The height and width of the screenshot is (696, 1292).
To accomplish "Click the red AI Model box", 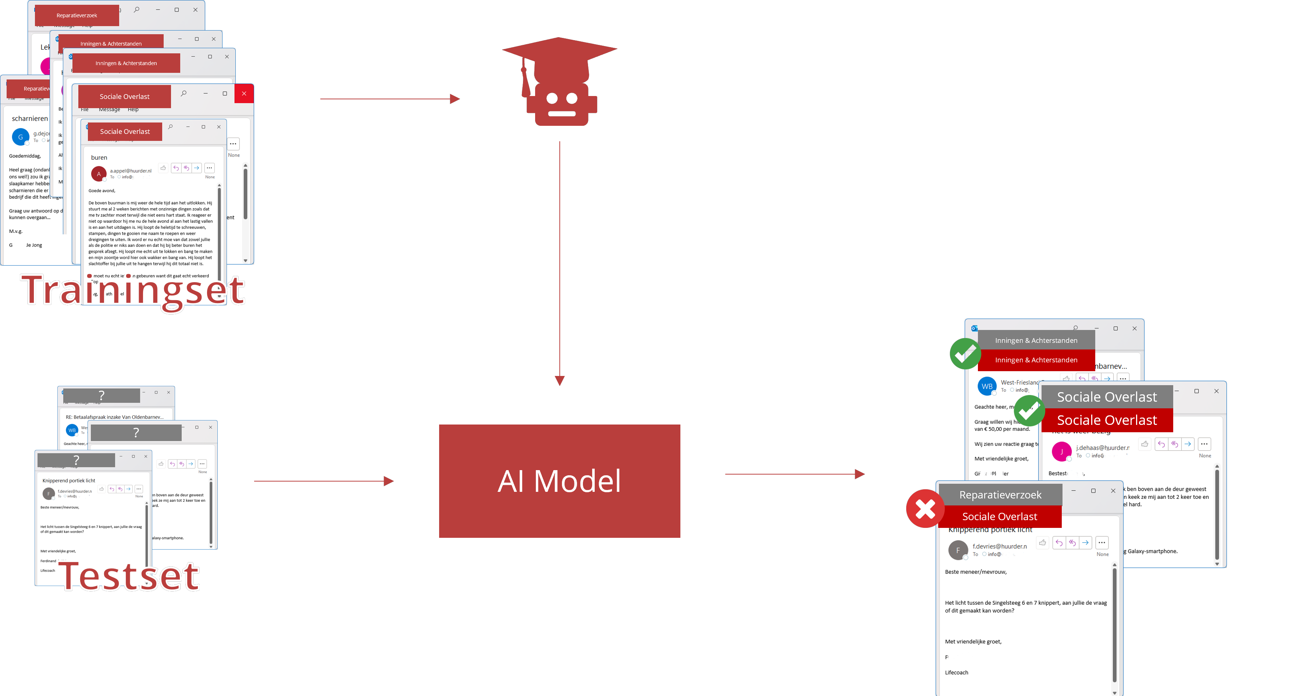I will [559, 481].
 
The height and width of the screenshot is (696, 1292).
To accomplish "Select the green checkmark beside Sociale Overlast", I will [1029, 411].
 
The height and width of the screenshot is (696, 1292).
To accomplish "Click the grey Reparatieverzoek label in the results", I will [1000, 495].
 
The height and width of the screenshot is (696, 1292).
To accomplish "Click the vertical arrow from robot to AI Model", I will [560, 261].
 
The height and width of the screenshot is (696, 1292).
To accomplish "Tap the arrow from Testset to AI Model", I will [324, 481].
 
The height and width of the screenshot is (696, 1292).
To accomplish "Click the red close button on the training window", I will [244, 93].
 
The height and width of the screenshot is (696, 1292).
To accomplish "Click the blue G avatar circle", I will [21, 136].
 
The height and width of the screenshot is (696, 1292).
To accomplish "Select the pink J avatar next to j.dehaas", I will [1061, 451].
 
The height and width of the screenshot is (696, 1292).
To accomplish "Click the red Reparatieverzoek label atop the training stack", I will [77, 15].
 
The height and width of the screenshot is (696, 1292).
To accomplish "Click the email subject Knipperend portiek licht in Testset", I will [69, 480].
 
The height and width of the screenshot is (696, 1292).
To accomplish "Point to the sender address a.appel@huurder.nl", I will [131, 171].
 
